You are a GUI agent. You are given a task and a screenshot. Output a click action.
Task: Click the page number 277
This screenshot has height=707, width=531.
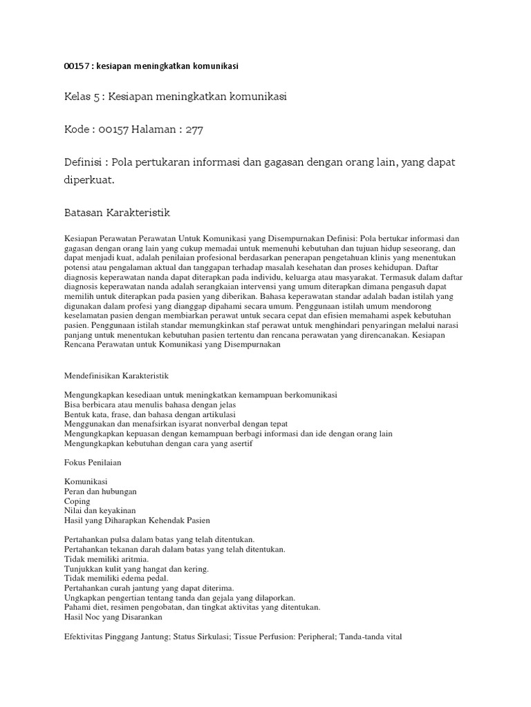tap(194, 129)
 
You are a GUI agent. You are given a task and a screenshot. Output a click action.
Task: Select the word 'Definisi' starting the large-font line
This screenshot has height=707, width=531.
tap(83, 162)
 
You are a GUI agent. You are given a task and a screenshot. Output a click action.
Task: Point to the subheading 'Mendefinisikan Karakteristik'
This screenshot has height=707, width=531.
tap(116, 376)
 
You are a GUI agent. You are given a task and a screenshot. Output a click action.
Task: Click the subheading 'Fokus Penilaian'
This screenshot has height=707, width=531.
tap(93, 463)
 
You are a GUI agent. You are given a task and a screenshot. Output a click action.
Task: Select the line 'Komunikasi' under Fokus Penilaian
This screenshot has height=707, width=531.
tap(86, 481)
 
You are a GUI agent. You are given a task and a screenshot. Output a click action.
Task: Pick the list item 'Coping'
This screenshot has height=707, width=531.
tap(77, 501)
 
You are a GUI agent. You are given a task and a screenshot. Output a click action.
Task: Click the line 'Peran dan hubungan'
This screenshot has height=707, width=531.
tap(100, 491)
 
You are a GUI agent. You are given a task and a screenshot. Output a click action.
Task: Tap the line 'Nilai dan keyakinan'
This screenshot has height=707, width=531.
tap(100, 510)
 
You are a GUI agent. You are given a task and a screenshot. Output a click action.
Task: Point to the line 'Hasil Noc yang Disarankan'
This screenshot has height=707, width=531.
tap(113, 617)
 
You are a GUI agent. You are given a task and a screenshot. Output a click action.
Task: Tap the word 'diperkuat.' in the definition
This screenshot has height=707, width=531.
tap(88, 180)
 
